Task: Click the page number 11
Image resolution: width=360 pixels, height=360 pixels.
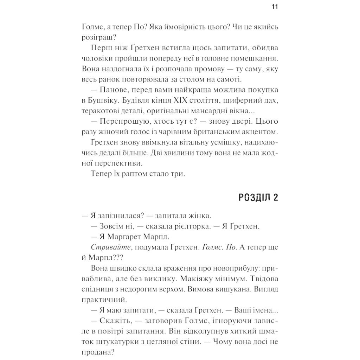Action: pos(275,7)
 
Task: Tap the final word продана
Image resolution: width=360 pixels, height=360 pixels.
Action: pos(96,352)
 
